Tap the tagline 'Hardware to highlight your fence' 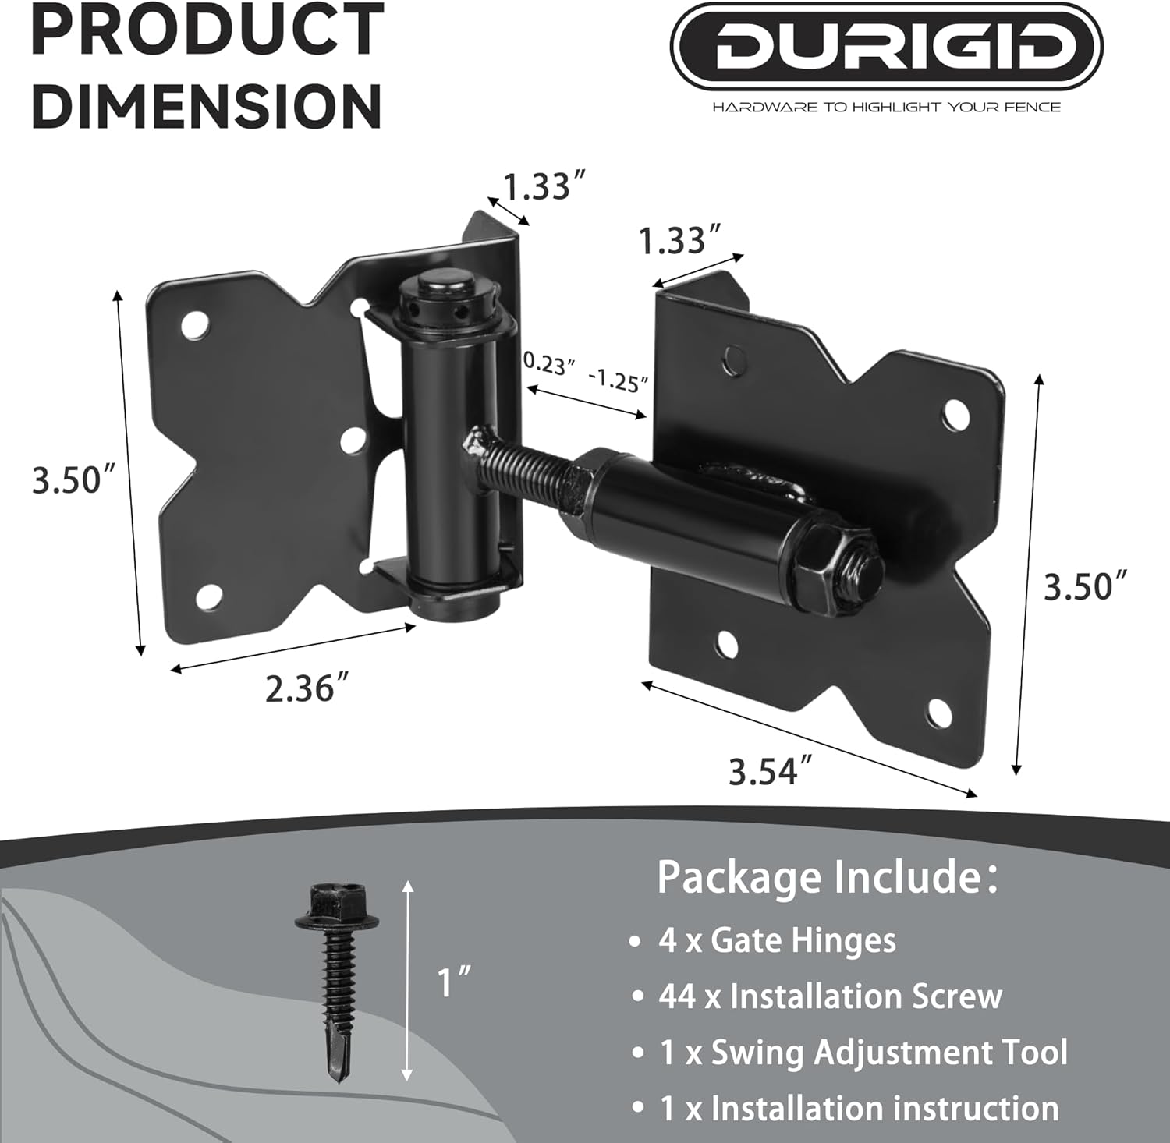click(886, 107)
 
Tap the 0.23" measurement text click(549, 363)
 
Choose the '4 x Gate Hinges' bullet click(777, 940)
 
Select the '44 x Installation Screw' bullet click(830, 996)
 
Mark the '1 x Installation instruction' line click(859, 1109)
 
